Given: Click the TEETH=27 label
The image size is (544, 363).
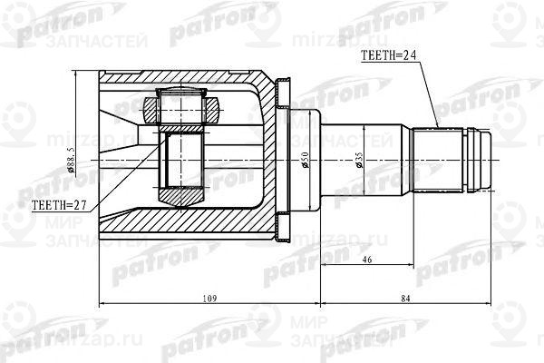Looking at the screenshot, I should click(x=61, y=206).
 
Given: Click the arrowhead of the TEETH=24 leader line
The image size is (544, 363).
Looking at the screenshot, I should click(x=438, y=126).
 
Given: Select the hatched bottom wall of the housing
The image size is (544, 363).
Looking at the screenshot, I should click(x=181, y=241).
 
